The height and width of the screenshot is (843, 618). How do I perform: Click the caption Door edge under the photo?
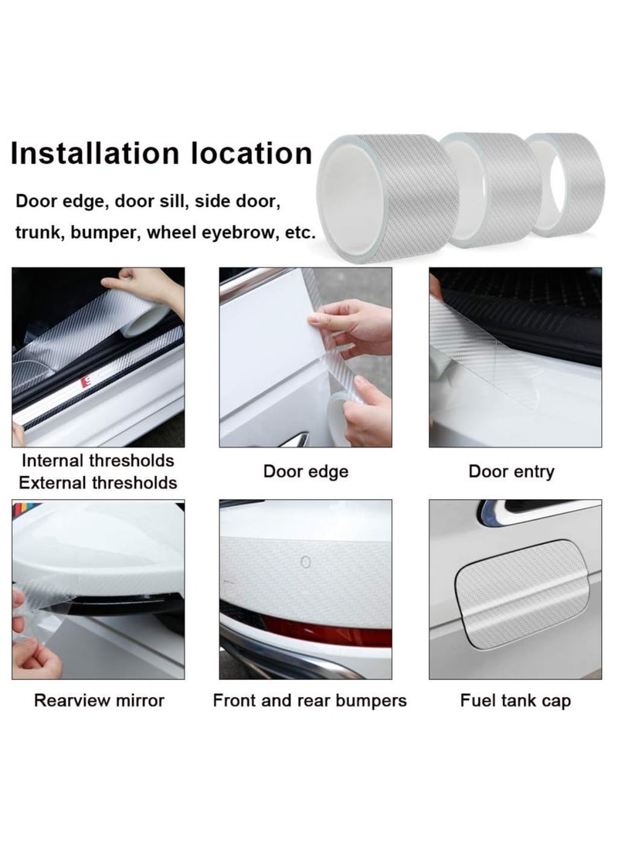306,471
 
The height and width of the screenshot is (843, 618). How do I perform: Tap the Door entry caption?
511,471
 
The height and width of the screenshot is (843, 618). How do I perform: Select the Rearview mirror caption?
99,701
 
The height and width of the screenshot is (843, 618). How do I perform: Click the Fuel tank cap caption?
515,701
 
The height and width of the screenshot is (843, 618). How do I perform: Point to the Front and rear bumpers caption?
309,701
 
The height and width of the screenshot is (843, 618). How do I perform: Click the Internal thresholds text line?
98,461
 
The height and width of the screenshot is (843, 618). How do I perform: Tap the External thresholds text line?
98,483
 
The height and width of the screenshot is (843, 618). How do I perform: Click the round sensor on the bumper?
306,563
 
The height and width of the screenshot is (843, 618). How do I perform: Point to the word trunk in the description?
38,232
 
